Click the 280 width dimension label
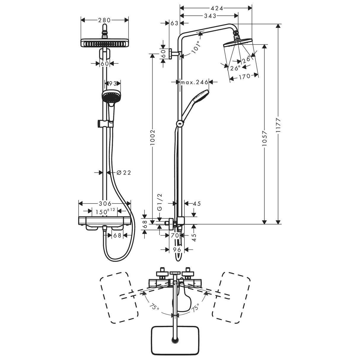[105, 20]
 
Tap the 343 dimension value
[210, 16]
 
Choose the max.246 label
[194, 82]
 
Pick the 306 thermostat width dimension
[105, 204]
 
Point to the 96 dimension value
[177, 250]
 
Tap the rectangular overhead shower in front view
[104, 43]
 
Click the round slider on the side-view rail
[179, 123]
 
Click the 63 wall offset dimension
[174, 23]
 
